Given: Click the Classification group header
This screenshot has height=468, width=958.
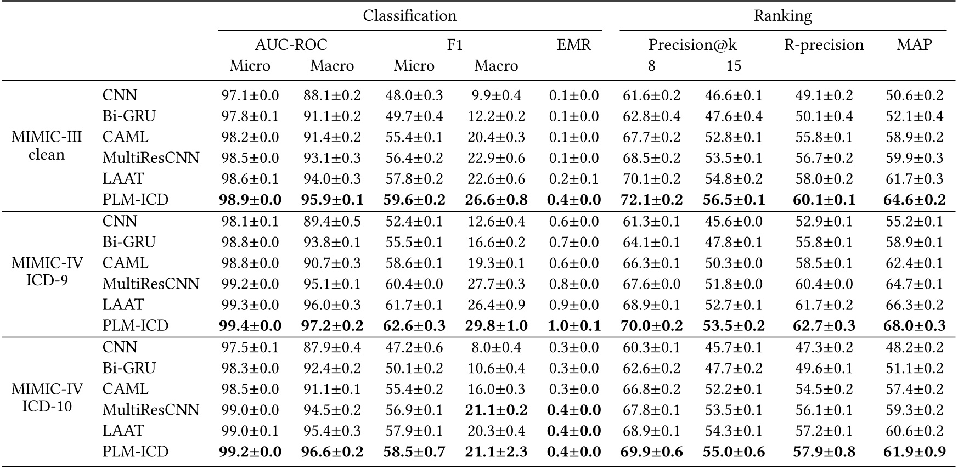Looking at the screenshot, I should (409, 15).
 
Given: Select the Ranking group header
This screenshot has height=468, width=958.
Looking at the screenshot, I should (782, 15).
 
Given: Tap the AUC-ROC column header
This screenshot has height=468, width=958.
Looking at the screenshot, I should (291, 45).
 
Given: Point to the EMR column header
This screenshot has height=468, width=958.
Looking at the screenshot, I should (574, 45).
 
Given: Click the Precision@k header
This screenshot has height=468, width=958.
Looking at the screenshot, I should (692, 45).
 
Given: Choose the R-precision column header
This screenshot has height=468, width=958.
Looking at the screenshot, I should (824, 45).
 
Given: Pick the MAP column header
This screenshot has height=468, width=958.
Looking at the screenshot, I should (914, 45).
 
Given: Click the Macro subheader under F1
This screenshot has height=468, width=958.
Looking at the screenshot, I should (496, 66).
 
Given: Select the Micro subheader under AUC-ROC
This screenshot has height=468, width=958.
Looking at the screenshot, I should (250, 66).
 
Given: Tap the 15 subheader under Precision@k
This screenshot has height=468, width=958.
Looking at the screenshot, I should (734, 66).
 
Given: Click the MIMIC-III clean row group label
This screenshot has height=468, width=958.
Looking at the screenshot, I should (47, 146).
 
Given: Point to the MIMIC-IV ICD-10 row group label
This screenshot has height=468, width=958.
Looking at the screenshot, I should (47, 398).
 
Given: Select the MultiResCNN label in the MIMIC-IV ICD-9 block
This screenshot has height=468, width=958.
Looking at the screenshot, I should (151, 284).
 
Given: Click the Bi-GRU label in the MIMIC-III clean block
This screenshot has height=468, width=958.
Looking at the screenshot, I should (129, 116).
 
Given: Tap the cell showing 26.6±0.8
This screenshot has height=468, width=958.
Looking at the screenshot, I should (496, 200).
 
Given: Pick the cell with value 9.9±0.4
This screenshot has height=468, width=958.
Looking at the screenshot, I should (496, 95).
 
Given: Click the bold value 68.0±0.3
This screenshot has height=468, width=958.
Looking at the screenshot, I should (914, 326).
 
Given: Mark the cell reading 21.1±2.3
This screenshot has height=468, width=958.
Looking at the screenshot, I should (496, 452).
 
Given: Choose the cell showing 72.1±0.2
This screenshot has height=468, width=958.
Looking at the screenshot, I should (651, 200).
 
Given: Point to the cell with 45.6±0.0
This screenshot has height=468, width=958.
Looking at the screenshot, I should (734, 221).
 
